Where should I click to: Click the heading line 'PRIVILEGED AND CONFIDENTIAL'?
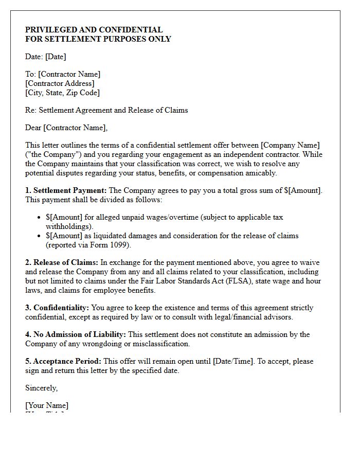pyautogui.click(x=94, y=30)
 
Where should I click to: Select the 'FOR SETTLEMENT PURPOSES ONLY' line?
pyautogui.click(x=98, y=39)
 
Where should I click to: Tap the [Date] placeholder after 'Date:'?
pyautogui.click(x=56, y=57)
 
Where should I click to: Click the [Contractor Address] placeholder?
pyautogui.click(x=60, y=83)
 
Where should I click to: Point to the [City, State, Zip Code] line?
pyautogui.click(x=62, y=93)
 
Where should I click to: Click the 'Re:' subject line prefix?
pyautogui.click(x=30, y=110)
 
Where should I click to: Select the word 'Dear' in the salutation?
pyautogui.click(x=33, y=128)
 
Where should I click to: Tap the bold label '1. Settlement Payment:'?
pyautogui.click(x=66, y=190)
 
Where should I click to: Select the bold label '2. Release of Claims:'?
pyautogui.click(x=62, y=262)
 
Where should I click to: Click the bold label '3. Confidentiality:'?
pyautogui.click(x=57, y=308)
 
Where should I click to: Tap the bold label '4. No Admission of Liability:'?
pyautogui.click(x=75, y=334)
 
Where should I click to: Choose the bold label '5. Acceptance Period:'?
pyautogui.click(x=63, y=361)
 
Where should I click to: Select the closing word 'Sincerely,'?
pyautogui.click(x=42, y=388)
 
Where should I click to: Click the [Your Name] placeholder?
pyautogui.click(x=47, y=405)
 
